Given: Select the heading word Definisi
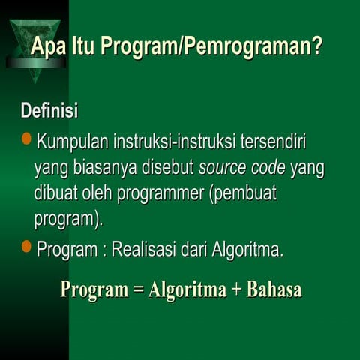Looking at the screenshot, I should pos(49,112).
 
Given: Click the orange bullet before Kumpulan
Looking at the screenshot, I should pos(27,139).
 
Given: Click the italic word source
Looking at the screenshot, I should pos(222,169).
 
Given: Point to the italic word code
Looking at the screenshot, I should pos(268,169).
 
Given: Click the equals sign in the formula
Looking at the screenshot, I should pos(138,290).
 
